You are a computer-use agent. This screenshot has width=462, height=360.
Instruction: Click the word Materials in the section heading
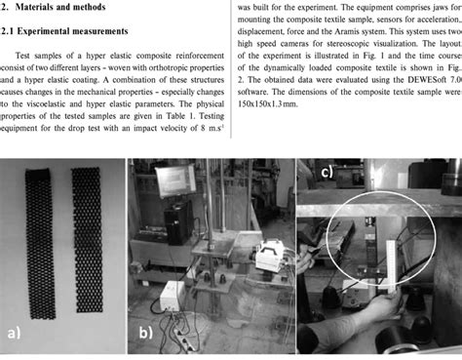pos(46,9)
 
